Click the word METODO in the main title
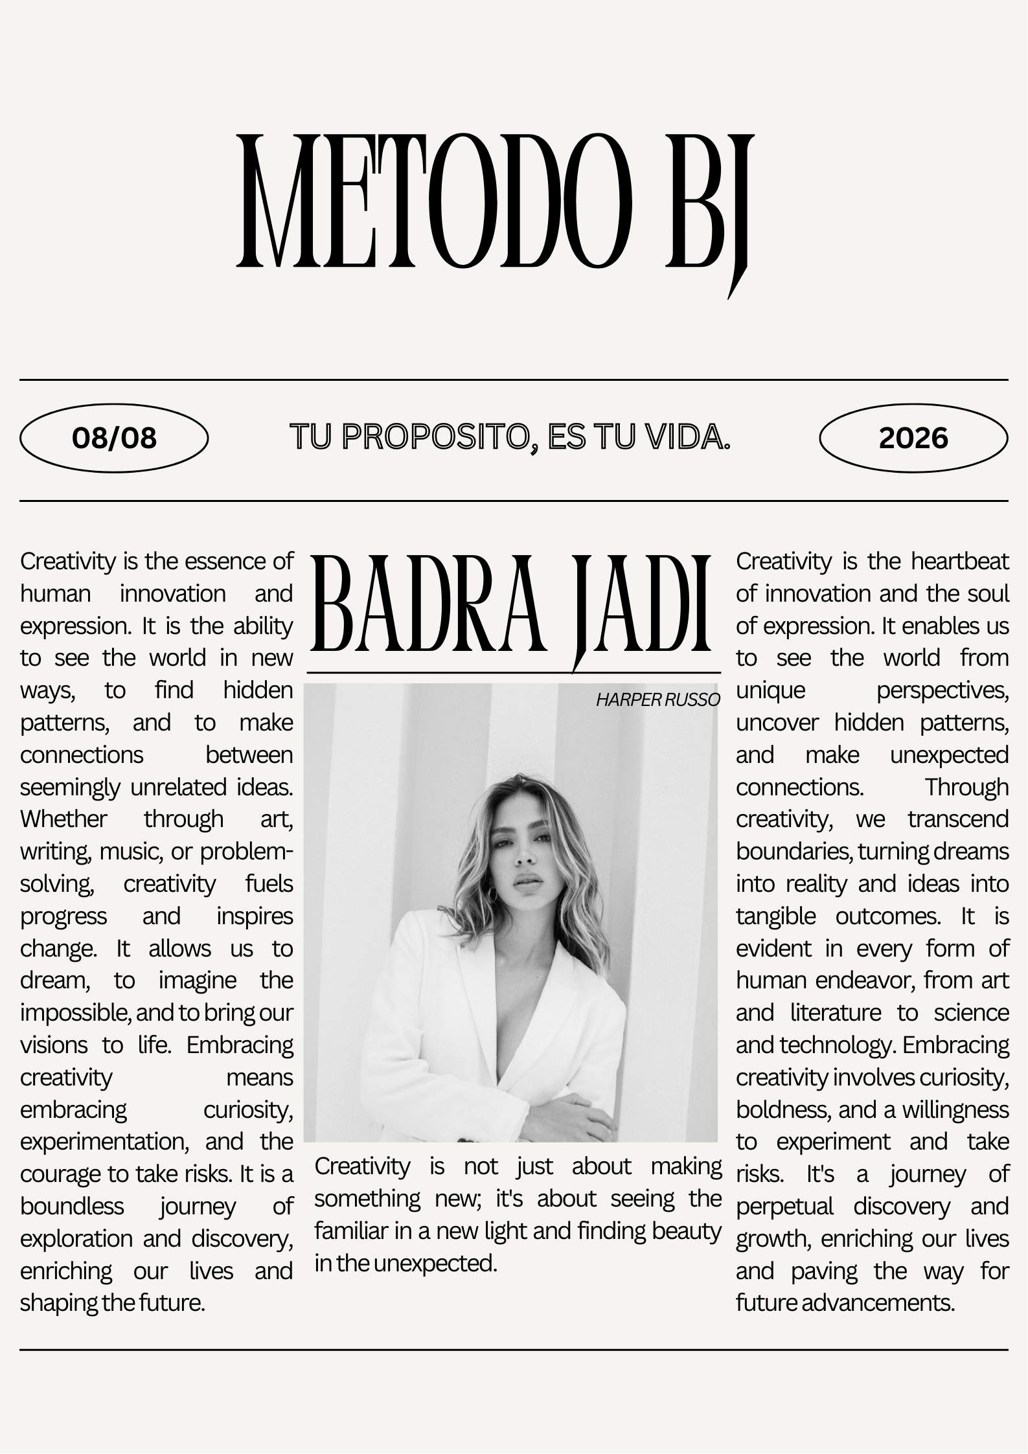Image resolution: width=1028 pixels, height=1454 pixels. pyautogui.click(x=434, y=201)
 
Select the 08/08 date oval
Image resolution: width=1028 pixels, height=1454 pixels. pyautogui.click(x=114, y=438)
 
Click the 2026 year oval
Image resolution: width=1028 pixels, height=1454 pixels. pyautogui.click(x=913, y=438)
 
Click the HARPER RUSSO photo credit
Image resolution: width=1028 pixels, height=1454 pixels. pyautogui.click(x=657, y=700)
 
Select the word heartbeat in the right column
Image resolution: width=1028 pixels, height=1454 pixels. pyautogui.click(x=960, y=562)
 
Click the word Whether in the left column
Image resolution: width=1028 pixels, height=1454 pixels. pyautogui.click(x=63, y=819)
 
